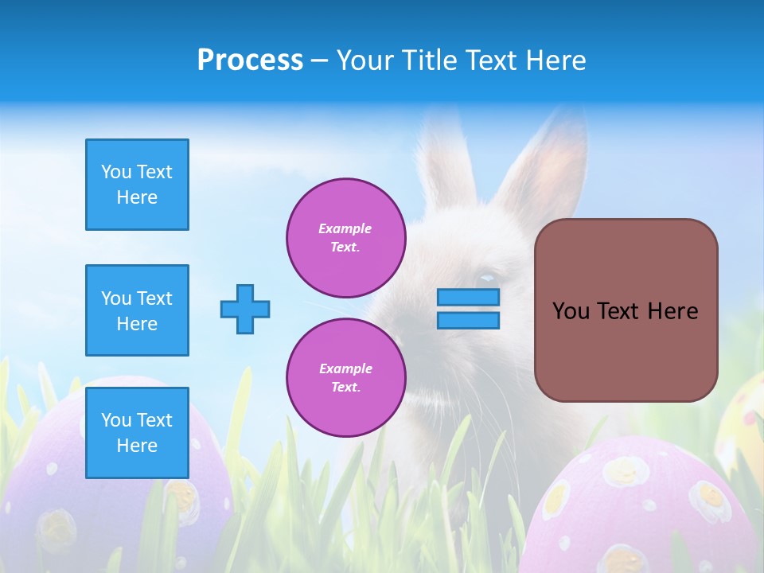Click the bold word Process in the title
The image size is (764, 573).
[250, 60]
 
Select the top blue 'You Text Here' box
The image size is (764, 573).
[137, 185]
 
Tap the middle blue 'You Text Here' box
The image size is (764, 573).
[137, 310]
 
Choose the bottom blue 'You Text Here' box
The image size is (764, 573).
[137, 432]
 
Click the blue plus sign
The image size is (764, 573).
[245, 309]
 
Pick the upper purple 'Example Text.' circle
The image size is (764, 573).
[345, 238]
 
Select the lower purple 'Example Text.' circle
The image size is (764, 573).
[345, 378]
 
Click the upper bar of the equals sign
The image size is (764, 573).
[468, 297]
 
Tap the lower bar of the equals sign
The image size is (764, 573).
[468, 320]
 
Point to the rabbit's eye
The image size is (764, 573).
[485, 278]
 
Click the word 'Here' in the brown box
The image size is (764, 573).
[673, 311]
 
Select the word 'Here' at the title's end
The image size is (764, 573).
[556, 60]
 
